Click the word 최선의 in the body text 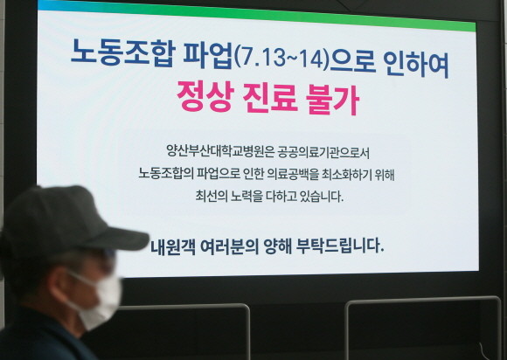212,196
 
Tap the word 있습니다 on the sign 316,196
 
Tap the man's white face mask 94,300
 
